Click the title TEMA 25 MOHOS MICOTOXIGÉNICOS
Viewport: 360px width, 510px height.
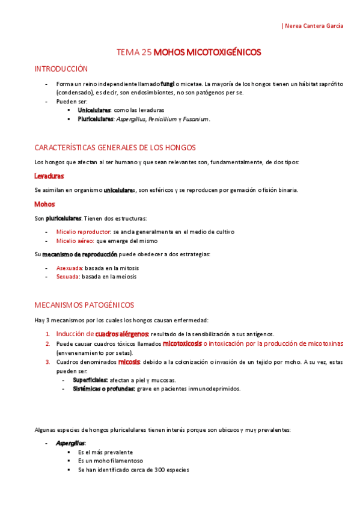click(x=189, y=53)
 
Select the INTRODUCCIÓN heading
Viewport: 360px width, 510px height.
click(x=61, y=69)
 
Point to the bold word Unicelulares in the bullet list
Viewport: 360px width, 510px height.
click(x=94, y=111)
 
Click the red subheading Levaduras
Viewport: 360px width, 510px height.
click(x=50, y=176)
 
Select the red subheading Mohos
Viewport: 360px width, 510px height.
click(x=44, y=204)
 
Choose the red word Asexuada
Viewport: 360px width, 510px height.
click(x=67, y=268)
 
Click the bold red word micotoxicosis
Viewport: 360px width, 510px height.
click(x=182, y=343)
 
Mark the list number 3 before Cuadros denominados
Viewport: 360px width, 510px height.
click(x=47, y=362)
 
